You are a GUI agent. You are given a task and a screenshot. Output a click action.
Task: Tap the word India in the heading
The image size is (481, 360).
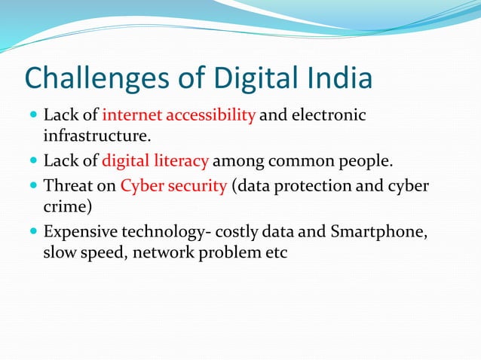click(x=335, y=79)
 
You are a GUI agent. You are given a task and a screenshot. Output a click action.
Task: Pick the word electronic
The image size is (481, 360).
click(x=329, y=116)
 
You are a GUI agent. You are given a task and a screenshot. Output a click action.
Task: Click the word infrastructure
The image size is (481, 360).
click(x=97, y=137)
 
